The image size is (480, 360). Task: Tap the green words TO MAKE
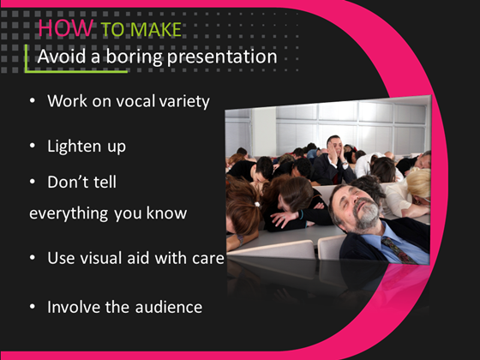click(x=142, y=31)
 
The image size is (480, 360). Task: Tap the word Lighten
click(x=75, y=146)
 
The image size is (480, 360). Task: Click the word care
click(x=207, y=258)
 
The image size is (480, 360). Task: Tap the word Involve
click(x=75, y=306)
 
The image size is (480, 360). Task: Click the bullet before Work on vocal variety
click(x=33, y=101)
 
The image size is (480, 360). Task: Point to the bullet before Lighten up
click(x=33, y=146)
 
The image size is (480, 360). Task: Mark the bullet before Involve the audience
click(x=33, y=306)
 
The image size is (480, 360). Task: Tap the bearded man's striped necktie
click(x=395, y=249)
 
